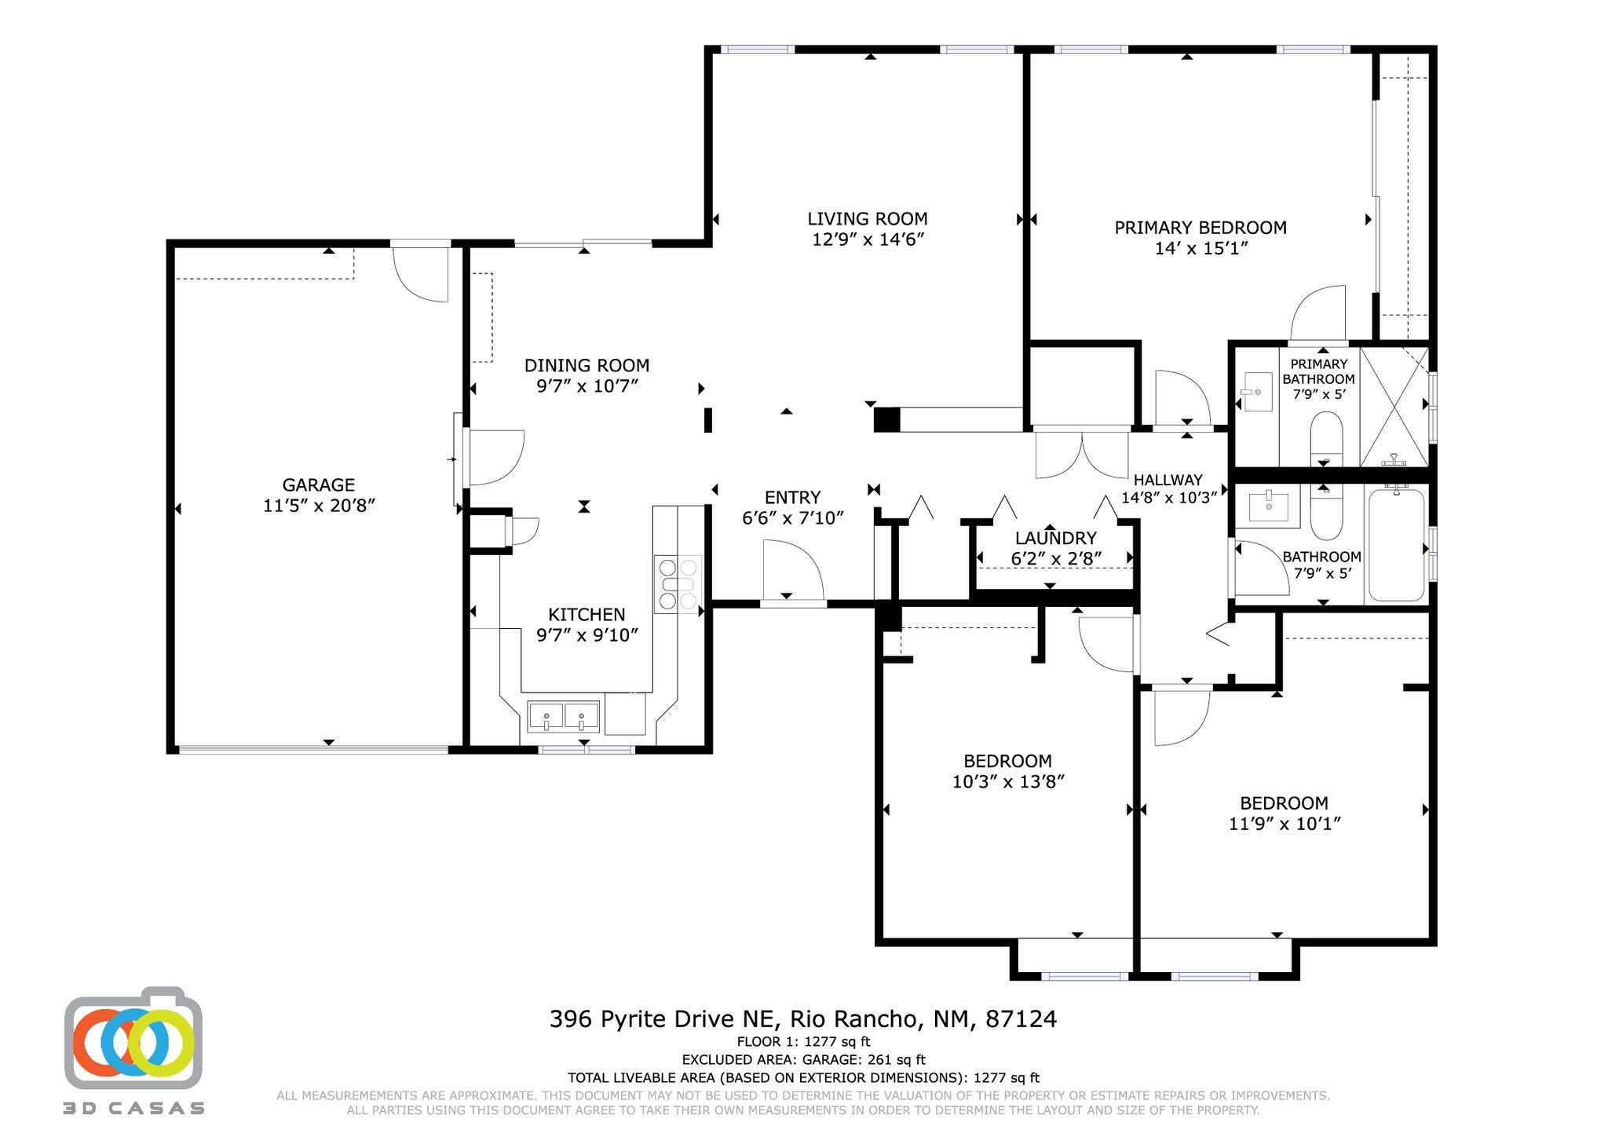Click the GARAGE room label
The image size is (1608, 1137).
318,485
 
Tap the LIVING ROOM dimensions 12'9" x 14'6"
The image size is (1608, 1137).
868,239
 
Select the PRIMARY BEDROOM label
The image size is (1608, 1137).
1201,228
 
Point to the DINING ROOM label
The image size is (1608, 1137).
587,365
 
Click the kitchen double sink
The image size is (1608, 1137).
563,717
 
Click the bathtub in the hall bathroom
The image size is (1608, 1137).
1397,543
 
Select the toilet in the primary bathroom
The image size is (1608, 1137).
1327,438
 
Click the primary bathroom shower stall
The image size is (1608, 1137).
1394,407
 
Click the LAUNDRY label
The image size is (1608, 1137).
1055,538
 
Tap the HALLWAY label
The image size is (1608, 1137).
1168,480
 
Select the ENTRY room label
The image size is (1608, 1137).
792,497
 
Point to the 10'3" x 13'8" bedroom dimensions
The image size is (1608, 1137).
1008,781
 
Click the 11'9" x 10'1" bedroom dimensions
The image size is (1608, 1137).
1285,824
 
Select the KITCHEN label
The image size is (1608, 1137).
587,614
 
